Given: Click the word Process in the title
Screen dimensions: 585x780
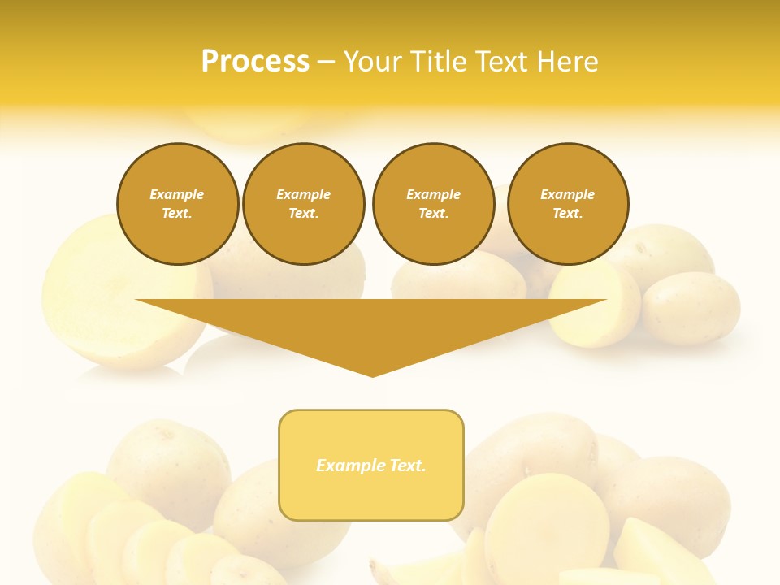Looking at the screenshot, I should pos(255,62).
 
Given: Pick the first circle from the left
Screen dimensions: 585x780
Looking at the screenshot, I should pos(177,204).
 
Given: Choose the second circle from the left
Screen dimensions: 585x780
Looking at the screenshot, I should pos(304,204).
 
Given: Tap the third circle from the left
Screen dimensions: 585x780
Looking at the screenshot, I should pos(433,204).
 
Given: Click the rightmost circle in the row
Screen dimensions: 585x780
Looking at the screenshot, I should pos(568,204).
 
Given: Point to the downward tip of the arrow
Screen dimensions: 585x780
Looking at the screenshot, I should pos(372,375).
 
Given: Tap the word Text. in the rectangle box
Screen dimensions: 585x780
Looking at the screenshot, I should pos(408,466).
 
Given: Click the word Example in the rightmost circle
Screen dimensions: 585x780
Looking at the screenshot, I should pos(568,194).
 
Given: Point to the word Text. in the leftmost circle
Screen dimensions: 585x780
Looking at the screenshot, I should pos(177,214).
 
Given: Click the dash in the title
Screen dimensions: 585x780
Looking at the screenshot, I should pos(326,62).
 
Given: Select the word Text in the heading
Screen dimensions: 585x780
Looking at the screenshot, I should pos(502,62).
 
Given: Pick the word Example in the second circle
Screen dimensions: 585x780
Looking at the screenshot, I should pos(304,194).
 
